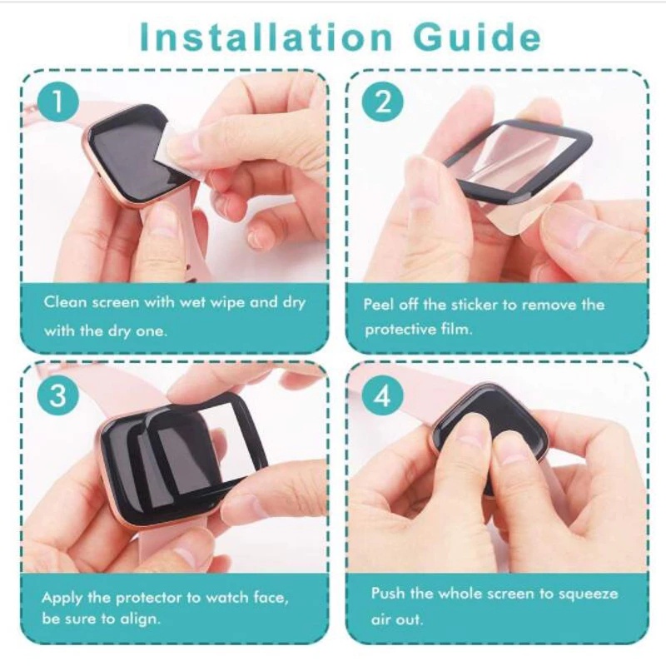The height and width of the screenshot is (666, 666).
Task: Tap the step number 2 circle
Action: point(383,103)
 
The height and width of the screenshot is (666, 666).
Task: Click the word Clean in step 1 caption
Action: point(64,302)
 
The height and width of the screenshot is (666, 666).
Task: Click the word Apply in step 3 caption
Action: point(62,598)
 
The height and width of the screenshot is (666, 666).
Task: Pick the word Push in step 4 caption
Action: point(388,594)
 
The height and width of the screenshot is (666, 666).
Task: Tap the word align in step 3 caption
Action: point(141,619)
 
